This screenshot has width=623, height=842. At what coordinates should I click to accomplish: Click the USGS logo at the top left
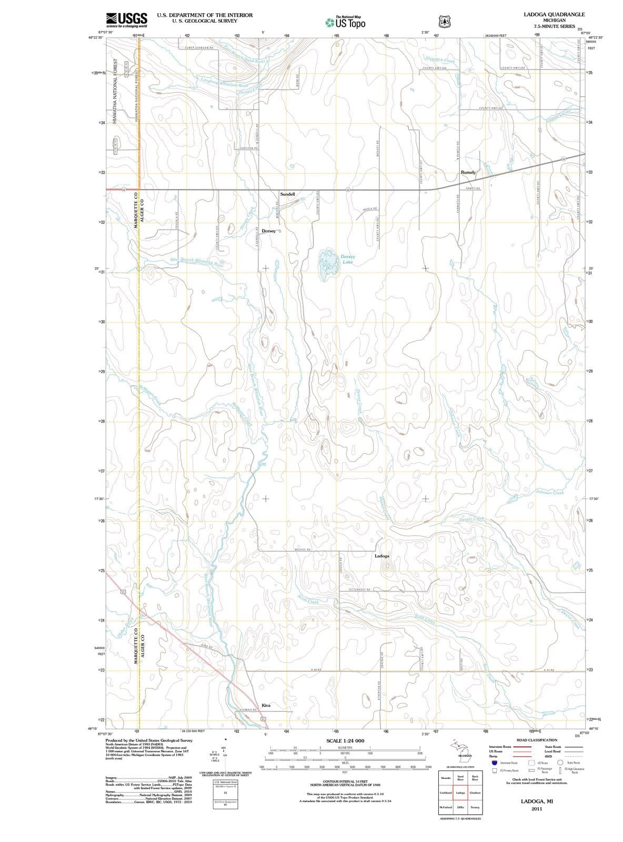pos(126,19)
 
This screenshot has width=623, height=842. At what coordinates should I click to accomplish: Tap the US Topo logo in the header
pos(345,22)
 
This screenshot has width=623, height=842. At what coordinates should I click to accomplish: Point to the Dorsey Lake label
pos(347,259)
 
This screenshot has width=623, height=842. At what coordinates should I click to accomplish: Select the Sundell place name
pos(287,194)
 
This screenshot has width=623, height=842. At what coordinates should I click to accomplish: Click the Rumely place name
pos(468,172)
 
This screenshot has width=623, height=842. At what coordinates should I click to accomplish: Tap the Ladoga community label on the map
pos(382,556)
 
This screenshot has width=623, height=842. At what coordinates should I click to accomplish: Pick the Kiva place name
pos(266,705)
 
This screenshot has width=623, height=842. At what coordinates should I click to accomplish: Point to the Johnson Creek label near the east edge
pos(549,493)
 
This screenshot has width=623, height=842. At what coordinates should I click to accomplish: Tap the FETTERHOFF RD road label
pos(360,589)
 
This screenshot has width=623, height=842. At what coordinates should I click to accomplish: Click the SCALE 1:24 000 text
pos(345,740)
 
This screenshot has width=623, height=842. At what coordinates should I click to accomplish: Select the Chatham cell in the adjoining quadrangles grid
pos(475,793)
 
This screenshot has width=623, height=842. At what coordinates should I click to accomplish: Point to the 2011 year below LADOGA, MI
pos(537,808)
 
